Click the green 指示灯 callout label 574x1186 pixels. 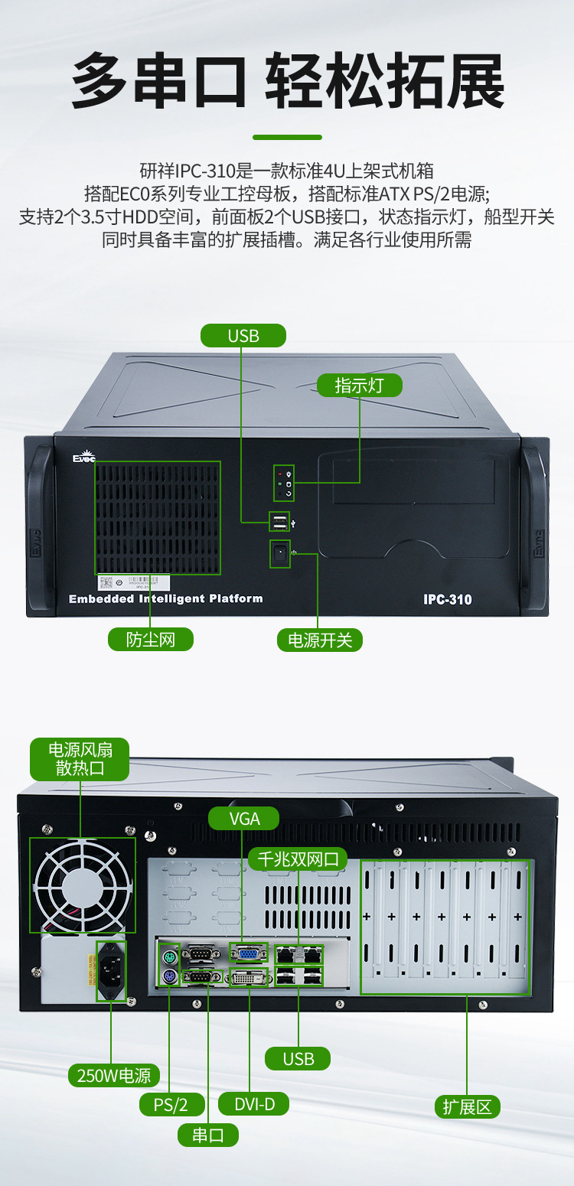pyautogui.click(x=360, y=385)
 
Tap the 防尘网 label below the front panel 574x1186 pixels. pyautogui.click(x=150, y=639)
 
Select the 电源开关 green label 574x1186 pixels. pyautogui.click(x=319, y=640)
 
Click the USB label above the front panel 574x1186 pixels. pyautogui.click(x=243, y=335)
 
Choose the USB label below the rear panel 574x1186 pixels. pyautogui.click(x=298, y=1058)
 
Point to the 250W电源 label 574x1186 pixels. pyautogui.click(x=113, y=1075)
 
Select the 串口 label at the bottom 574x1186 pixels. pyautogui.click(x=207, y=1135)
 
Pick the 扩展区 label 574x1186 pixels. pyautogui.click(x=468, y=1106)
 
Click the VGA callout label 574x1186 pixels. pyautogui.click(x=244, y=818)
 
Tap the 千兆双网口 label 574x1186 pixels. pyautogui.click(x=298, y=859)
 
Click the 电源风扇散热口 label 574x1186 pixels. pyautogui.click(x=80, y=758)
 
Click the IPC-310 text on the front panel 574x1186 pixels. pyautogui.click(x=448, y=600)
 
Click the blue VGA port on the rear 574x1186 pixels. pyautogui.click(x=249, y=953)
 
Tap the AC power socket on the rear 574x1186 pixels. pyautogui.click(x=111, y=970)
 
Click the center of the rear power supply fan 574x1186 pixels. pyautogui.click(x=82, y=885)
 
